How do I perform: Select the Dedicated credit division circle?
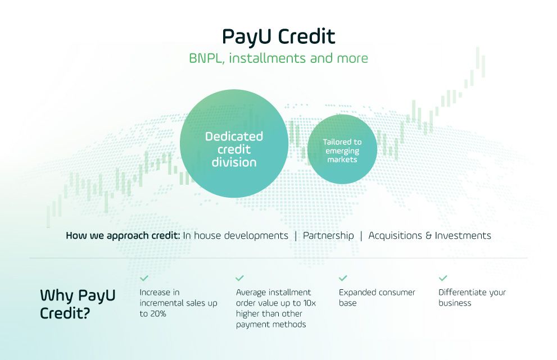click(234, 143)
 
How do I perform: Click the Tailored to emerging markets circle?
click(342, 149)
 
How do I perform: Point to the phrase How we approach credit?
click(123, 236)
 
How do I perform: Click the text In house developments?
click(236, 235)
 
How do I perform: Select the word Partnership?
click(328, 236)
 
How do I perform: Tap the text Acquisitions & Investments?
click(430, 235)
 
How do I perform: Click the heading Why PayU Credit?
click(78, 304)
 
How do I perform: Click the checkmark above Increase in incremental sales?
click(144, 278)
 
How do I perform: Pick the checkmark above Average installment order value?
click(240, 278)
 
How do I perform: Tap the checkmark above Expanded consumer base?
click(343, 278)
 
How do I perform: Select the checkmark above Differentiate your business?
click(442, 278)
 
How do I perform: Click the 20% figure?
click(158, 314)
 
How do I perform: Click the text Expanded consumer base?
click(377, 298)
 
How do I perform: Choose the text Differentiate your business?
click(472, 298)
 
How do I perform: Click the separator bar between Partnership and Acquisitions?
click(361, 236)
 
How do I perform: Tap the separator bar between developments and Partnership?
click(296, 236)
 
